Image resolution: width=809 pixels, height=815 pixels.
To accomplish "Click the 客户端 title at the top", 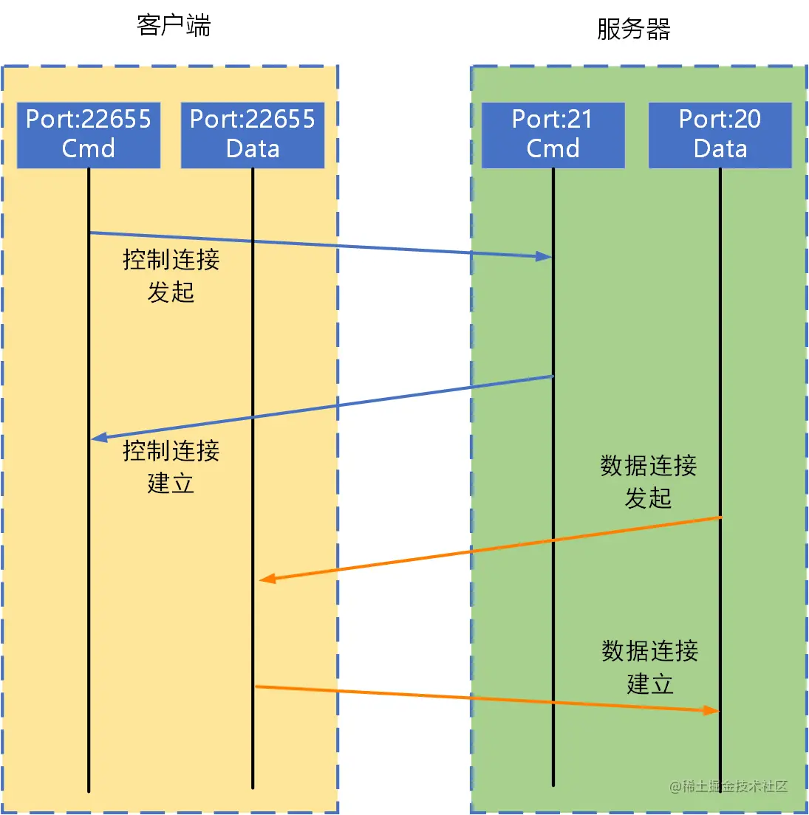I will click(174, 26).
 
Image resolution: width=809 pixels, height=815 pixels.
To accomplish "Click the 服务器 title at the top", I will click(634, 30).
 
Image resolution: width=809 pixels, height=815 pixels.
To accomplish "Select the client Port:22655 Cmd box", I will click(89, 134).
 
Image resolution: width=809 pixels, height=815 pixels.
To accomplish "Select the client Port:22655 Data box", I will click(253, 134).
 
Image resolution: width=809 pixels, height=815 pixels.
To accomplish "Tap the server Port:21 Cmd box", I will click(553, 134).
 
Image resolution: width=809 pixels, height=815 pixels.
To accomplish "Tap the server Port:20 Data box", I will click(720, 134).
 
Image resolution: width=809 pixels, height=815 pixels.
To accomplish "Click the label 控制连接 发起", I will click(171, 276).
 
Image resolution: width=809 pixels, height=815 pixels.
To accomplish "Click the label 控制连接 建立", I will click(171, 467).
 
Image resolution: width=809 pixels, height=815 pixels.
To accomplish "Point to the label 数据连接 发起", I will click(648, 481).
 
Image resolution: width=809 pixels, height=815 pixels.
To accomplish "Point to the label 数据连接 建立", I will click(649, 667).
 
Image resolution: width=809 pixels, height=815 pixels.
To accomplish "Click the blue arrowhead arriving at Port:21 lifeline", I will click(545, 256).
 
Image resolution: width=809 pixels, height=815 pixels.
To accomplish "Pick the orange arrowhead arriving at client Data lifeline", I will click(267, 579).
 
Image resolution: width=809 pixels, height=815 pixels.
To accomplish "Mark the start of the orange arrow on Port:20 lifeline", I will click(720, 517).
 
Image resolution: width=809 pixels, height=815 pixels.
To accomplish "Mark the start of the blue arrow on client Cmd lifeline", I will click(89, 233).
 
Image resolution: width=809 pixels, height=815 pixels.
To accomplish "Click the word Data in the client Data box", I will click(253, 148).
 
